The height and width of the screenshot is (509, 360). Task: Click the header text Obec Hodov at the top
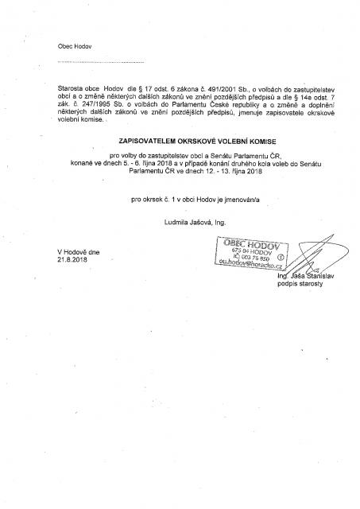74,47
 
